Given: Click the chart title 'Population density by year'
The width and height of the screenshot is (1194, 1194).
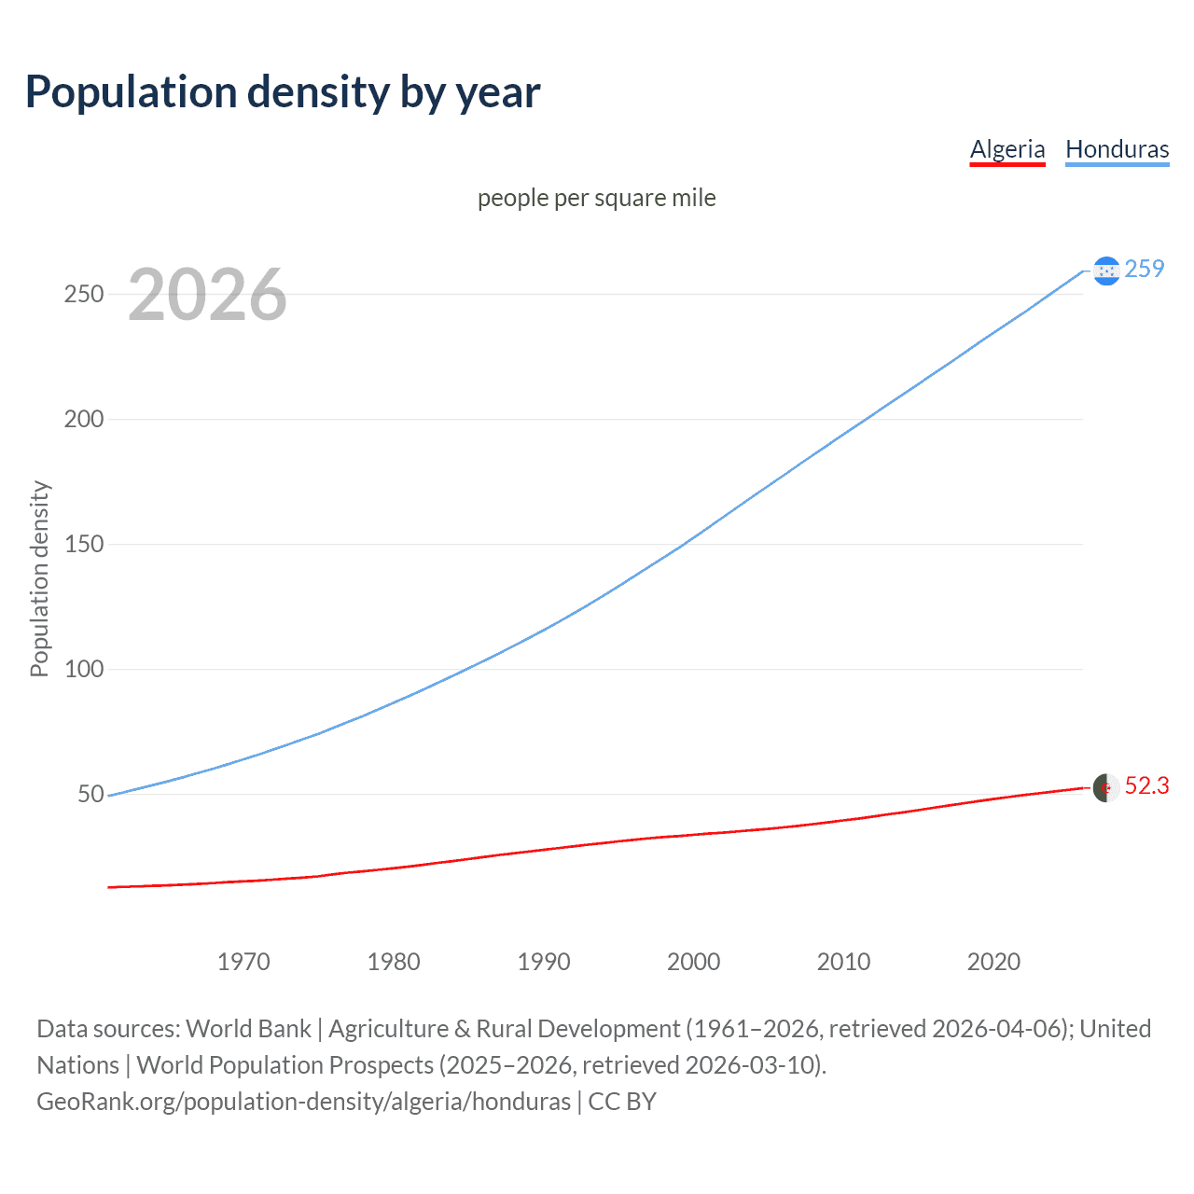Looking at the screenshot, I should point(283,92).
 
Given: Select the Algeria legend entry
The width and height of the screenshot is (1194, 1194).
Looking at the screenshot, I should point(1007,149).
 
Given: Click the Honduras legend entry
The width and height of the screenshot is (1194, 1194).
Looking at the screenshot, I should point(1117,149).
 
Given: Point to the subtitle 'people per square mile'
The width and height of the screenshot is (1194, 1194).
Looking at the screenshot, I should point(596,198).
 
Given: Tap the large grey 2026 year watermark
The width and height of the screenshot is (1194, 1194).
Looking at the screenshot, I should point(207,295).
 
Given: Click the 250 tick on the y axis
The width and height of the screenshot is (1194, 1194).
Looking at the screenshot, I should point(84,294).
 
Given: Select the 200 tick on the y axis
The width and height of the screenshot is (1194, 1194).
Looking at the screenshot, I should point(84,419).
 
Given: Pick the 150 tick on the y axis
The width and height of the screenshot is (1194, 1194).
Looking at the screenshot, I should point(84,544).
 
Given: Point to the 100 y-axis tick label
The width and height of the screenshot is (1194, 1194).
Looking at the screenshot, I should point(84,669).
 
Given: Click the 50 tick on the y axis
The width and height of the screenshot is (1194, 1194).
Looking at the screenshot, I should point(90,794).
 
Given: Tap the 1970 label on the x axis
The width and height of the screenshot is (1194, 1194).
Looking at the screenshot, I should point(243,962).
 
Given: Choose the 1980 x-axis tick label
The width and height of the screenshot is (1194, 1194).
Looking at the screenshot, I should point(394,962).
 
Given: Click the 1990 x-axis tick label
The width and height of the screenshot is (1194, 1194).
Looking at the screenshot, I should point(544,962).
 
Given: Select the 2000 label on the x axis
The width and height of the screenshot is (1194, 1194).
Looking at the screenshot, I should point(693,962).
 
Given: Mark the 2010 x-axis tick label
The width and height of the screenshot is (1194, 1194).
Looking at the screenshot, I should point(843,962).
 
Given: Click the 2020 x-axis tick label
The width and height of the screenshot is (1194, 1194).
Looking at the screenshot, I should point(993,962).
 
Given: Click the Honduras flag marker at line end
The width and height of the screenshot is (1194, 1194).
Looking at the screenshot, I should point(1106,271).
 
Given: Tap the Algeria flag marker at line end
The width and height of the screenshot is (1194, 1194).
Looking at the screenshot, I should point(1106,787).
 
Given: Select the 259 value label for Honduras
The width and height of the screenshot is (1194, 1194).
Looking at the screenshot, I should point(1145,269).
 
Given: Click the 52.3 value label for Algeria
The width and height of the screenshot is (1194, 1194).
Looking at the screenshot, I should point(1146,786).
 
